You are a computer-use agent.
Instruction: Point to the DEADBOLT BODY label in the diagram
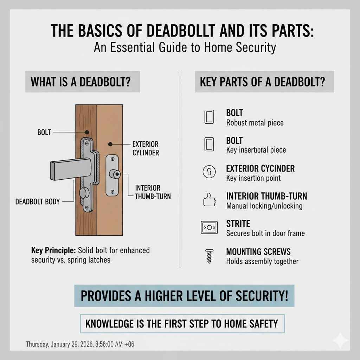(x=38, y=202)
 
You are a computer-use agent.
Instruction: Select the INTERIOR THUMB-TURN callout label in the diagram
(x=153, y=192)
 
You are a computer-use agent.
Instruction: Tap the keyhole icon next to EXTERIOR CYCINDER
(x=209, y=172)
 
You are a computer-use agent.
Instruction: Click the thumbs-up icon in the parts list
(x=209, y=200)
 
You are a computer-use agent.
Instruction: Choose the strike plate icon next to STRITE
(x=209, y=228)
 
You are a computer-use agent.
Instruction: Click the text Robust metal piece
(x=255, y=123)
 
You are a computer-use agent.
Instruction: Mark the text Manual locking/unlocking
(x=264, y=206)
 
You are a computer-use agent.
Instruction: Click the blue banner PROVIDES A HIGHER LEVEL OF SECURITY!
(x=185, y=296)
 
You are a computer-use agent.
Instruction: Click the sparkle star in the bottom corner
(x=340, y=341)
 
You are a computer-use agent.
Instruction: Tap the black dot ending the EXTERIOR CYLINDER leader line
(x=110, y=144)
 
